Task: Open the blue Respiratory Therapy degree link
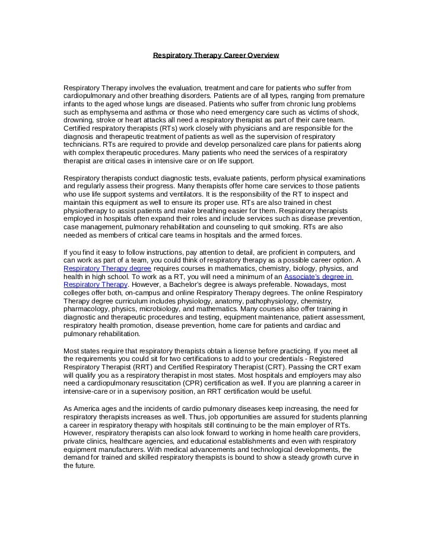click(107, 268)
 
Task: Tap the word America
click(88, 409)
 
